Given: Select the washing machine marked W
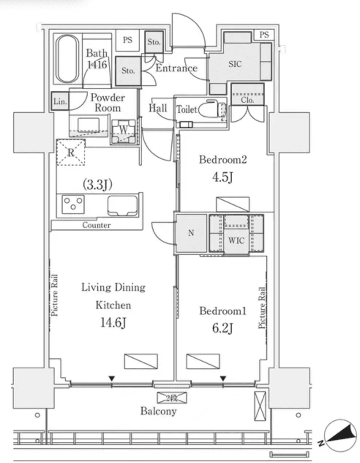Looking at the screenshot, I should [123, 130].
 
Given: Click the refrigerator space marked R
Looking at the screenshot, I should [71, 153].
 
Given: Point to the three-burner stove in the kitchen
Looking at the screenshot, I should [72, 204].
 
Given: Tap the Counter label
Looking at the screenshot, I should [96, 225].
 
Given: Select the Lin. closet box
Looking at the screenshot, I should [60, 101].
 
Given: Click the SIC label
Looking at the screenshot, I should [235, 64].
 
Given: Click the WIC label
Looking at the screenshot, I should [236, 241].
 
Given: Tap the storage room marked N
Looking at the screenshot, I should [191, 233].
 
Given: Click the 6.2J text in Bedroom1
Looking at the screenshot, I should [222, 328].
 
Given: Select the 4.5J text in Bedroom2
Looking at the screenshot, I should [222, 177].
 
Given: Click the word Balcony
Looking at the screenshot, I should [158, 411].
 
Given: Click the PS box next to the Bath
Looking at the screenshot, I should [127, 40].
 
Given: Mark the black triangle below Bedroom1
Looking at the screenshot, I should [223, 379].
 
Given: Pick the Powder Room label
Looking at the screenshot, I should [108, 103].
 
